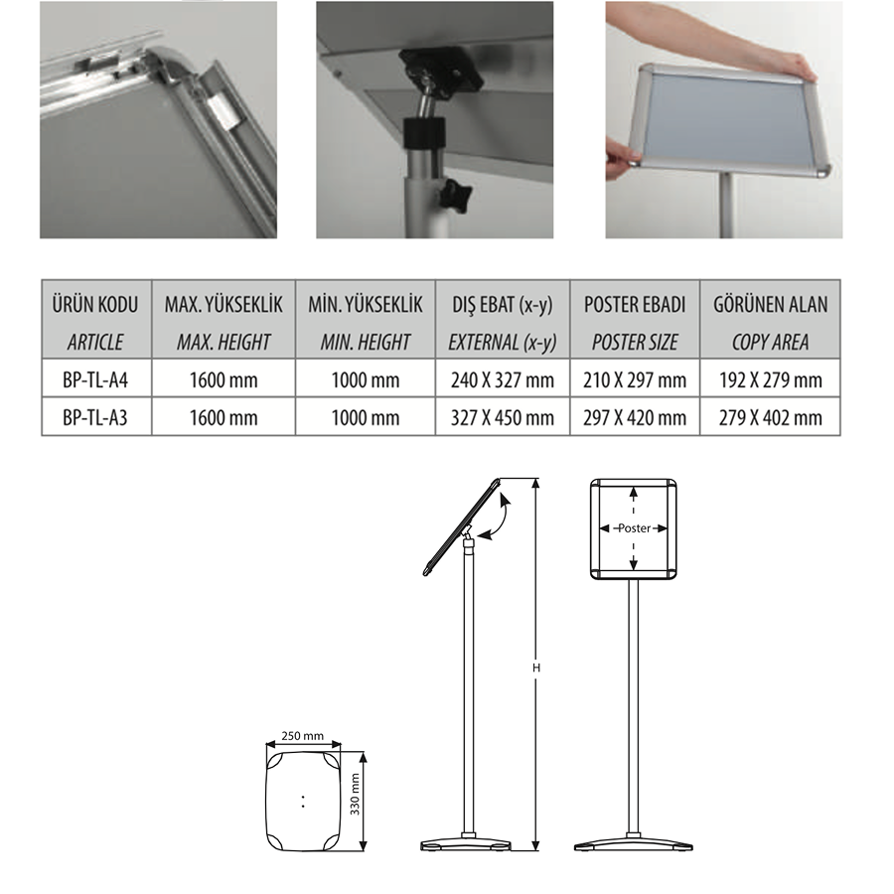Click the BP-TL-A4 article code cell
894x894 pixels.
(95, 379)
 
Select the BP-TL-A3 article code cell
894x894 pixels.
(95, 417)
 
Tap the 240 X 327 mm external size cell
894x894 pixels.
(503, 379)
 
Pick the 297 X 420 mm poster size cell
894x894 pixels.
(635, 417)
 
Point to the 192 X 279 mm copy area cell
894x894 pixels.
(770, 379)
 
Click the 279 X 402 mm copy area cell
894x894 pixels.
(770, 417)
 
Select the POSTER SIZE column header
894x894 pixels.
(635, 342)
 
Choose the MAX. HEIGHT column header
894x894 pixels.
(223, 342)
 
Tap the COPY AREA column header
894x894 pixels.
(770, 342)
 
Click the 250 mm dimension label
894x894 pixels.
(302, 735)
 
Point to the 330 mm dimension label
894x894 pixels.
(355, 795)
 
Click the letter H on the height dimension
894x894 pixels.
(536, 668)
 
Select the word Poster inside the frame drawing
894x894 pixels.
(634, 528)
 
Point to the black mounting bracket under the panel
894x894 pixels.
(440, 70)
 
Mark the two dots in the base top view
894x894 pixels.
(303, 801)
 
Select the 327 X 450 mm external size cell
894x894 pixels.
(503, 417)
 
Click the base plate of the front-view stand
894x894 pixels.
(634, 843)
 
